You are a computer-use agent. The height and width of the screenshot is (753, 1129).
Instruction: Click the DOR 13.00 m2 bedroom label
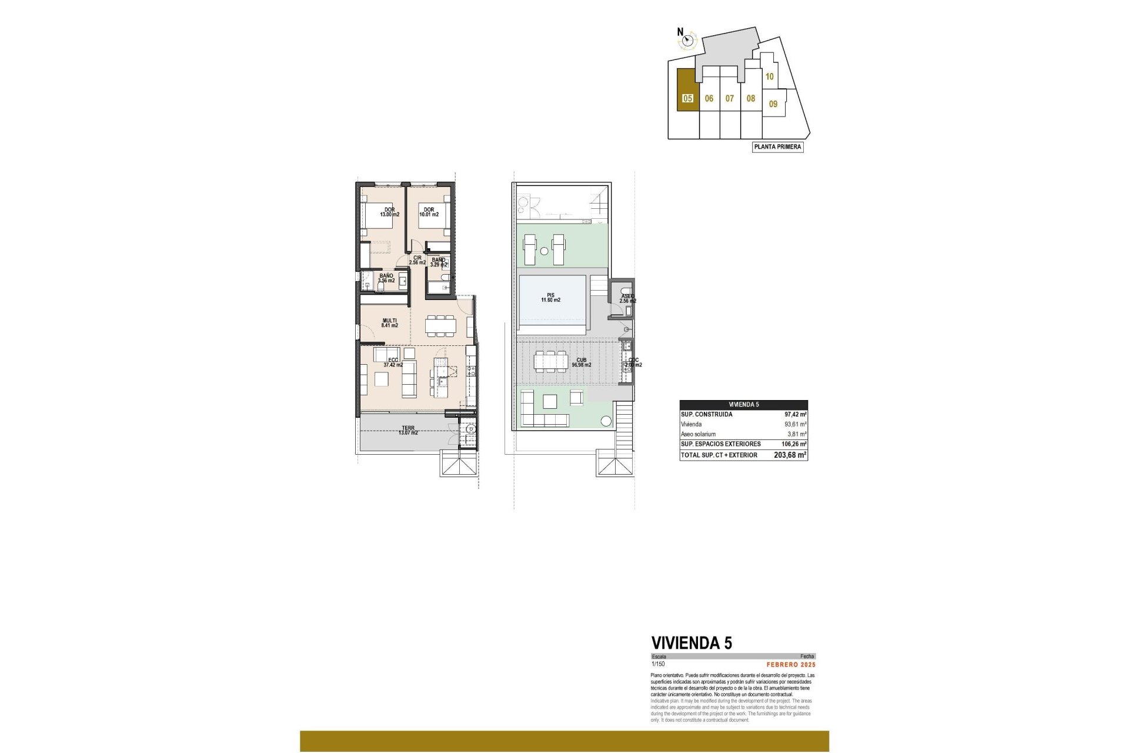[389, 212]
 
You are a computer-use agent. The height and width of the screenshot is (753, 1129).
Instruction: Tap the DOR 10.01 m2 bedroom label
[429, 212]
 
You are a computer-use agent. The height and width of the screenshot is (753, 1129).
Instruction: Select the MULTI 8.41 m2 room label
[389, 323]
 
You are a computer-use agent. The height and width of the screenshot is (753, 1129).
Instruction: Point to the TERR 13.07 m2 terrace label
[408, 431]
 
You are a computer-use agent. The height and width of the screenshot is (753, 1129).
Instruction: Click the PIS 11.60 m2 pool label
[550, 298]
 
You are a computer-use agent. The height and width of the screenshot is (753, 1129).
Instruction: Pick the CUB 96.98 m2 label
[581, 362]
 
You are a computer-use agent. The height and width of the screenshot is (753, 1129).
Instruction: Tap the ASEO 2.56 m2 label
[627, 299]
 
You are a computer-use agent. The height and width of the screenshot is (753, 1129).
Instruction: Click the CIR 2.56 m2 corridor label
[417, 260]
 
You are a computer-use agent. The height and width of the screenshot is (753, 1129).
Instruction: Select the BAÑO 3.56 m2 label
[386, 278]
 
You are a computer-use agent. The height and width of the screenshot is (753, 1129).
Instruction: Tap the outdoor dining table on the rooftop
[551, 361]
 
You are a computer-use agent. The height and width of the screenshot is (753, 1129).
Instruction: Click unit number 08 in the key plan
[751, 98]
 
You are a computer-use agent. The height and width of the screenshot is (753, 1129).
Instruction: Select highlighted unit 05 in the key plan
[687, 98]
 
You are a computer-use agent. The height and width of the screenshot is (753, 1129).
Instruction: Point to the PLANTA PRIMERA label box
[777, 146]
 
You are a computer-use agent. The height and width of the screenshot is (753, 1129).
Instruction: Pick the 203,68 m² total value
[790, 455]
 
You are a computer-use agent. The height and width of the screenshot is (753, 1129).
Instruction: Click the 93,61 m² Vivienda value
[795, 424]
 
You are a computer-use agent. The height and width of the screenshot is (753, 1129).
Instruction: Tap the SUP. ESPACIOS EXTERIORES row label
[720, 444]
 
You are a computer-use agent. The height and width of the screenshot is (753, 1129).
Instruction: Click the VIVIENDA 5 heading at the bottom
[692, 643]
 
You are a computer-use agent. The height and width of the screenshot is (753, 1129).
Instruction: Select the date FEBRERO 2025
[791, 665]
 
